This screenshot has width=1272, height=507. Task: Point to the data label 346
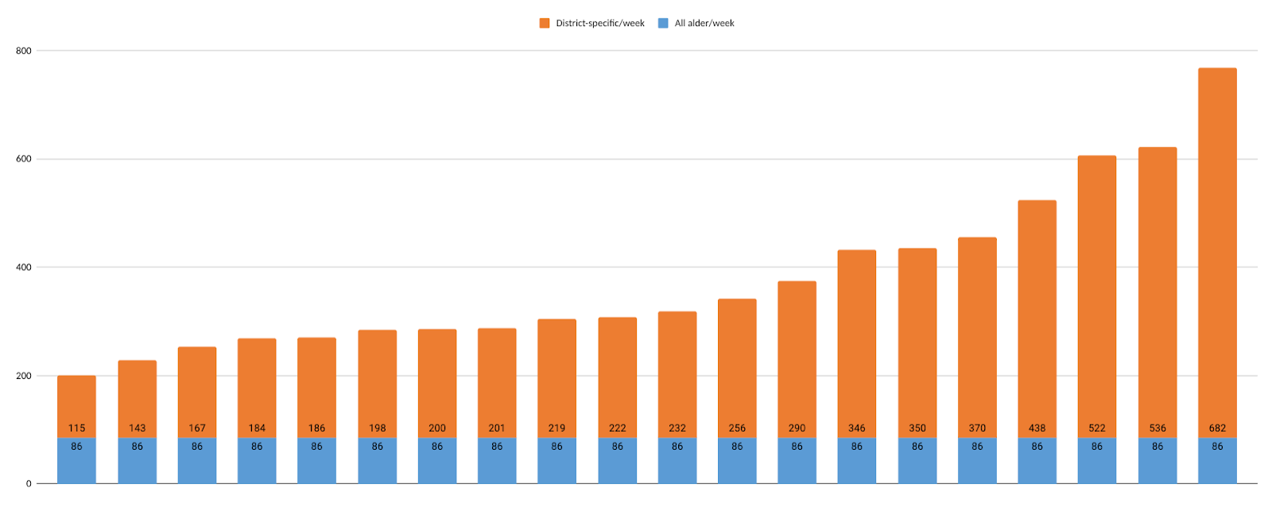pos(856,428)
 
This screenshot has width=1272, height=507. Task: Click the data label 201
pos(497,428)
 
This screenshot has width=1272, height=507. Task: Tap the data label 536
pos(1158,428)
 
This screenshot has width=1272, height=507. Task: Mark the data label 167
pos(197,428)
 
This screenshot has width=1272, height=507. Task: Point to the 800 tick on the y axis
pos(24,51)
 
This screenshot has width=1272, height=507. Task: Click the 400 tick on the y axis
pos(24,268)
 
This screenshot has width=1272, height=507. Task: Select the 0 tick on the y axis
pos(29,484)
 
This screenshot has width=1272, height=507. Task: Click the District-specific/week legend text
pos(600,23)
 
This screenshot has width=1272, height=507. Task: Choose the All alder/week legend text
pos(704,23)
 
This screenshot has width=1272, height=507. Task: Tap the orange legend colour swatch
pos(545,23)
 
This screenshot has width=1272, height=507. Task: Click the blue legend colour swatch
pos(663,23)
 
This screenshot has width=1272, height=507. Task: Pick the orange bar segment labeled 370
pos(977,334)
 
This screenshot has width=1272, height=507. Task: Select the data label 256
pos(737,428)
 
